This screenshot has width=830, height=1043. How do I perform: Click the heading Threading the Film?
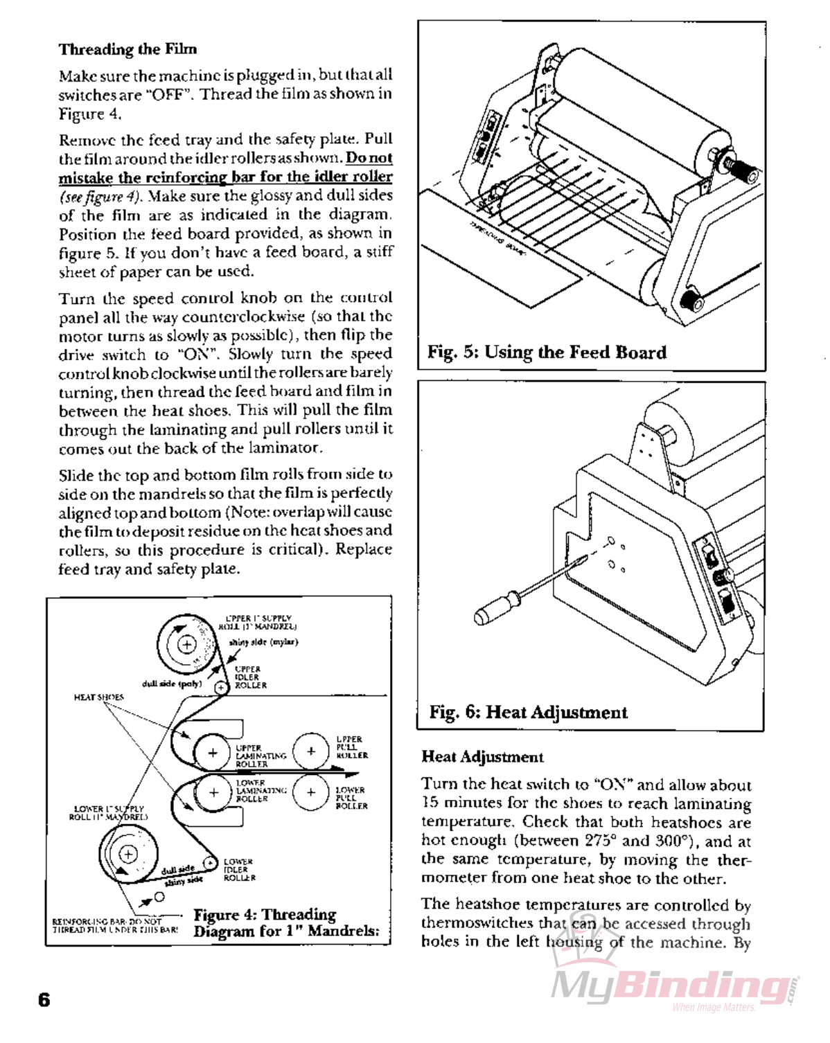[127, 49]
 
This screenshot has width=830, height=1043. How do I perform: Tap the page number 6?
[44, 999]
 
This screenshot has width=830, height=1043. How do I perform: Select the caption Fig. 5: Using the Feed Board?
[547, 353]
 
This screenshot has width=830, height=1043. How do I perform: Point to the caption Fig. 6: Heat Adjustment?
[528, 712]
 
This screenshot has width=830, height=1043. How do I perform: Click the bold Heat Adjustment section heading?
[482, 757]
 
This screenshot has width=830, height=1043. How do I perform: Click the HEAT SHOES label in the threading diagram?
[99, 697]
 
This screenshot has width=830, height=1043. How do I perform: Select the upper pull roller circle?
[311, 751]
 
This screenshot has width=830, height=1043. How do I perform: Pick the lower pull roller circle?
[311, 793]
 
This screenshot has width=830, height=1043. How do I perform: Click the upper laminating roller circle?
[212, 753]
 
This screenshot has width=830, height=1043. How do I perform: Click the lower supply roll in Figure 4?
[128, 854]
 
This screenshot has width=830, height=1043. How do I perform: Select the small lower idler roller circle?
[211, 864]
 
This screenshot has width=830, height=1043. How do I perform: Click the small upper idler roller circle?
[221, 688]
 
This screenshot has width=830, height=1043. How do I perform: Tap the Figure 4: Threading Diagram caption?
[285, 922]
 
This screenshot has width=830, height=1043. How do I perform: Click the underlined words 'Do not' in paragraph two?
[369, 158]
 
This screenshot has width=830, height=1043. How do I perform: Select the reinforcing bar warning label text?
[114, 925]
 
